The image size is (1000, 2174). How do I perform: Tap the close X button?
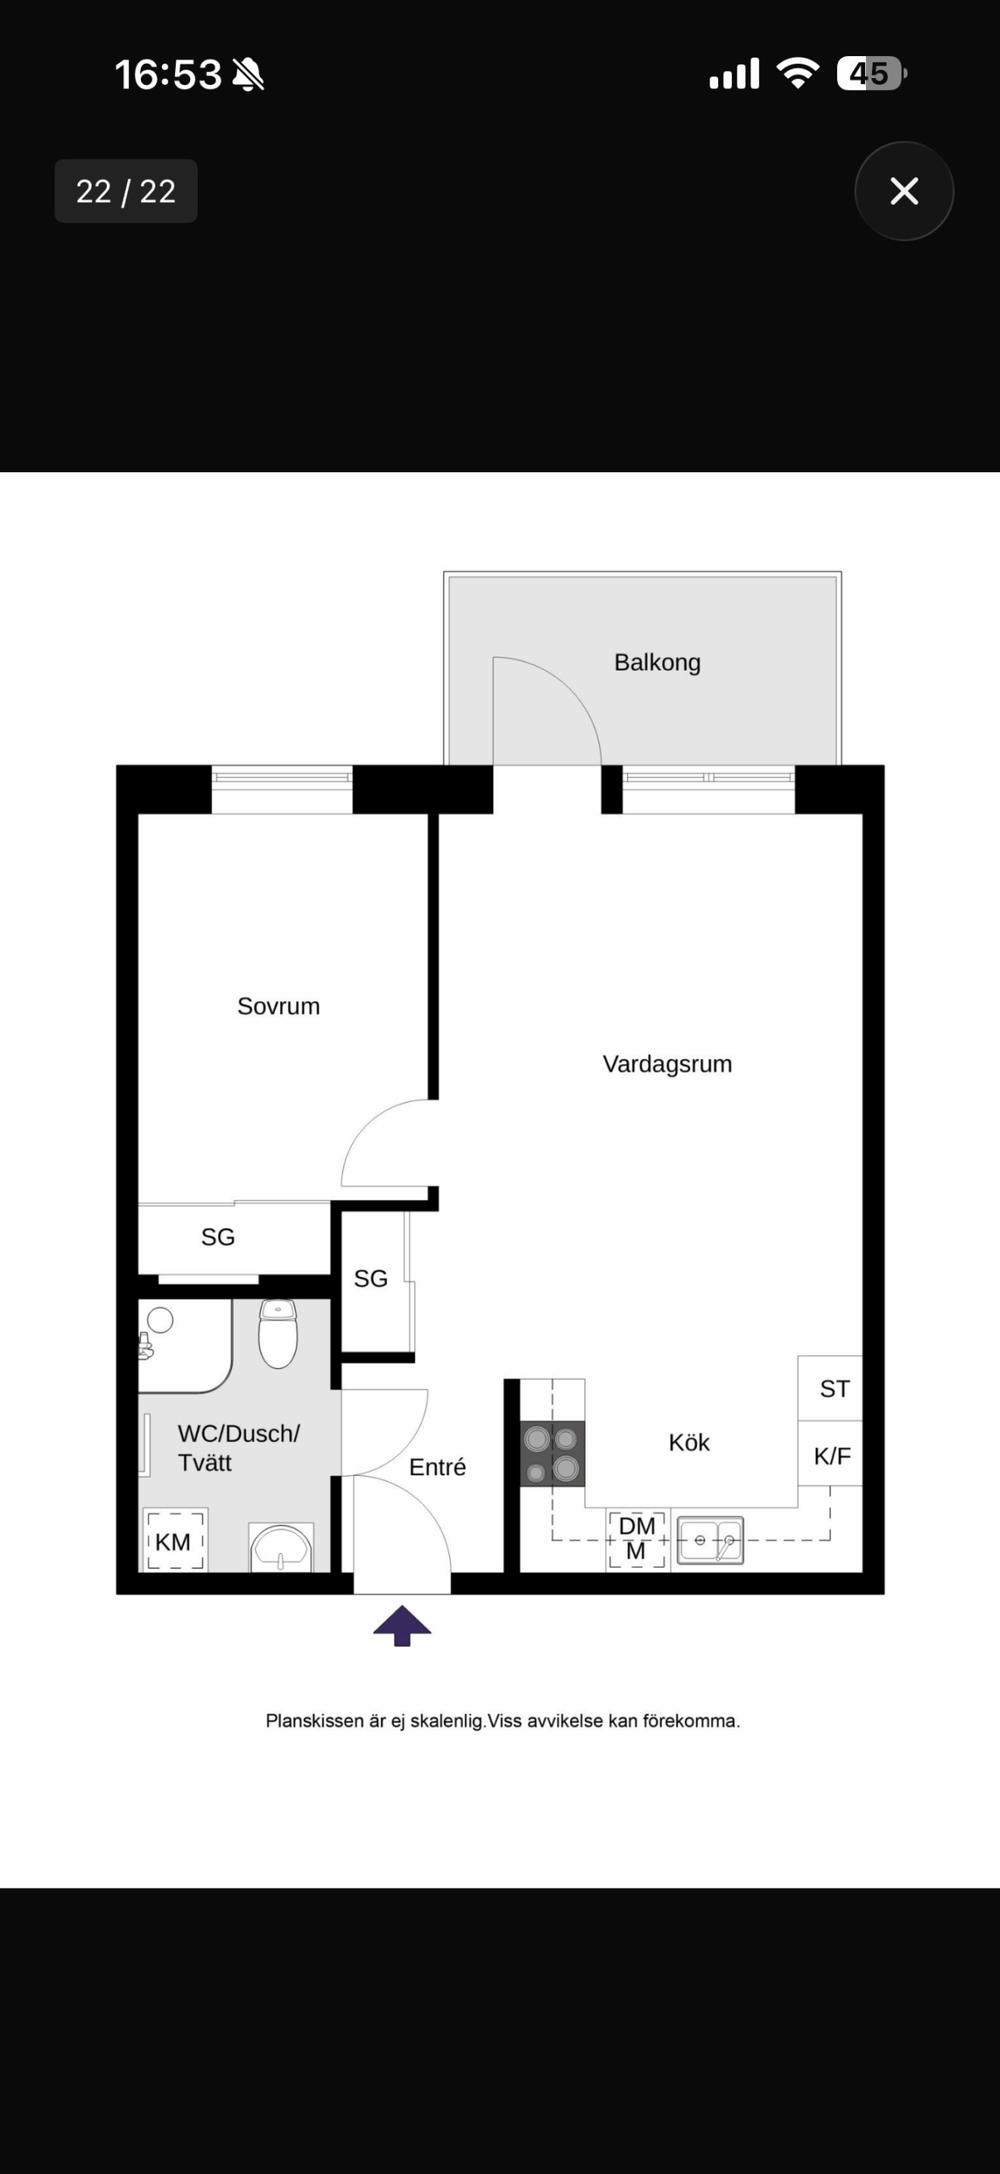point(904,191)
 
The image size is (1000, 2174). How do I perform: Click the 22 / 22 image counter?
point(126,191)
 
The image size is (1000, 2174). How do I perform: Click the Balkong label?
point(657,662)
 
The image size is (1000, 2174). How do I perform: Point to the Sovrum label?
point(278,1006)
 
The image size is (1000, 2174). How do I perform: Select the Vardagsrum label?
point(667,1064)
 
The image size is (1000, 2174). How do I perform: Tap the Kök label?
point(689,1442)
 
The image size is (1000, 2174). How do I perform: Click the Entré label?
point(437,1467)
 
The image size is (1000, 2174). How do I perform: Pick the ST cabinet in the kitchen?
point(830,1388)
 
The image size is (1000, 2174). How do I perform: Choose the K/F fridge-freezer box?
point(830,1453)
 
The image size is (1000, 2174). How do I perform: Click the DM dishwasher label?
point(637,1526)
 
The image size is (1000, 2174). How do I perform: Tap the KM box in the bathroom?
point(175,1540)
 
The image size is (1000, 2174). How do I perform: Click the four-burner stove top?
point(553,1453)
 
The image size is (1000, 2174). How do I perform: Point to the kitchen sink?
point(710,1540)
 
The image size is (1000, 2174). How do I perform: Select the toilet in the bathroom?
point(278,1333)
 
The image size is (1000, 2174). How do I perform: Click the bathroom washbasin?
point(281,1547)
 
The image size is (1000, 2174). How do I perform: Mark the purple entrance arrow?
point(402,1626)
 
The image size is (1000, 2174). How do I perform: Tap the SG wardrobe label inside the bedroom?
point(218,1237)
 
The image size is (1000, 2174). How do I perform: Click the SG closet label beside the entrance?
point(370,1278)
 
